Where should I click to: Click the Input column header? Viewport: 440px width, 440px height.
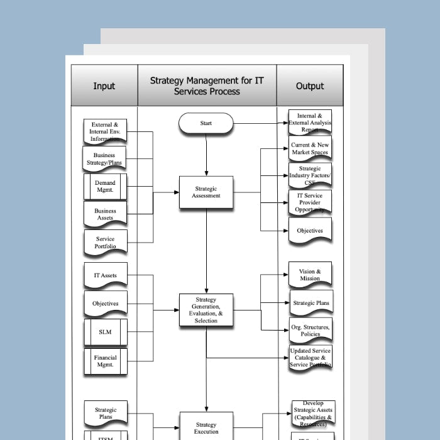pos(104,85)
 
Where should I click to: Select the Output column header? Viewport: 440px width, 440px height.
pos(310,85)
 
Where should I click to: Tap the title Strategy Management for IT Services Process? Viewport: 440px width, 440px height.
pos(207,85)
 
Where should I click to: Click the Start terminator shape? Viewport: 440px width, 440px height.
pos(206,123)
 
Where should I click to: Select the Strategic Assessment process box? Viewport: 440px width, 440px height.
pos(206,192)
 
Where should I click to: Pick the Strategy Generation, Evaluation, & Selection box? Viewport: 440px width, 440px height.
pos(206,310)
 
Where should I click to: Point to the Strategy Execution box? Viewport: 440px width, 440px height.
pos(206,427)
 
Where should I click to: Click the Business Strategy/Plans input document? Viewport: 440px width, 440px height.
pos(105,159)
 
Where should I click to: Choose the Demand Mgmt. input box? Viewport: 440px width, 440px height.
pos(105,187)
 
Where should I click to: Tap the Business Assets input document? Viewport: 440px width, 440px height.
pos(105,214)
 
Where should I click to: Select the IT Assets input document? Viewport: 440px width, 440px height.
pos(105,275)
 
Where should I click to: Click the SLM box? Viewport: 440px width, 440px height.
pos(105,331)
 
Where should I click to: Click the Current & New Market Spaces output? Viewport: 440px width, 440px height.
pos(310,148)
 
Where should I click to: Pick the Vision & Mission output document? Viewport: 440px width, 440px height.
pos(310,275)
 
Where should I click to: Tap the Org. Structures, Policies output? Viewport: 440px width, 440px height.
pos(310,331)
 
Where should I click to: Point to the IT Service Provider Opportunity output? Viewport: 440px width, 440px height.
pos(310,202)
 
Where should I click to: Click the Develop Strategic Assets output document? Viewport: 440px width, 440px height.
pos(313,412)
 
